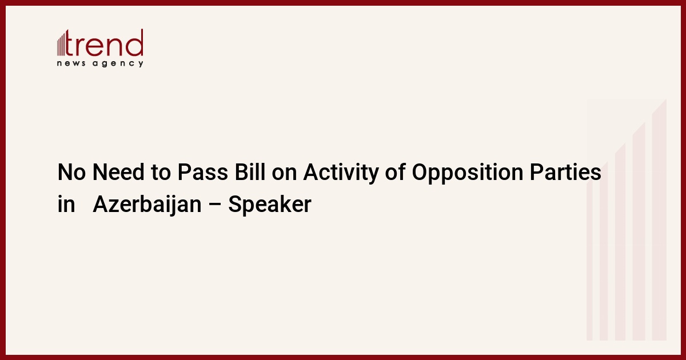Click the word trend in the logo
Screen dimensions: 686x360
click(104, 43)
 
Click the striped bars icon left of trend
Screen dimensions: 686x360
click(61, 43)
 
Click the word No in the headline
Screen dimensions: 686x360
click(71, 172)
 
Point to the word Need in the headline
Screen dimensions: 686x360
click(118, 172)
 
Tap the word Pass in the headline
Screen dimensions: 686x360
click(203, 172)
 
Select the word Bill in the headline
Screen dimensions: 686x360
click(250, 172)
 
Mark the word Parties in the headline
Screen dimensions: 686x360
click(565, 172)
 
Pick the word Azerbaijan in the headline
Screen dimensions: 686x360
click(147, 205)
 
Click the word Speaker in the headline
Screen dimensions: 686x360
click(270, 205)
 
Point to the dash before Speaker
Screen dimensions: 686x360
click(215, 205)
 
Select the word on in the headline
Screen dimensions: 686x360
click(284, 174)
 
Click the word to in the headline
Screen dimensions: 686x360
click(161, 173)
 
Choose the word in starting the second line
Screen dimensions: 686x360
click(66, 204)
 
